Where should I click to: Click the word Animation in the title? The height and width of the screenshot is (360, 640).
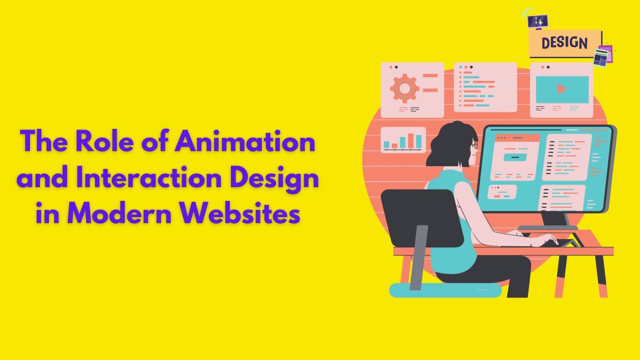click(x=245, y=142)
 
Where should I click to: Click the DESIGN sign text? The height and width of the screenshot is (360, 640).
click(x=564, y=43)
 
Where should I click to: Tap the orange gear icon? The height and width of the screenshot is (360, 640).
click(x=404, y=88)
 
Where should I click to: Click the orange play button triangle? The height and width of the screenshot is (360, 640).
click(x=562, y=89)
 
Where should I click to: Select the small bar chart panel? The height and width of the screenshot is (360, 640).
click(x=403, y=140)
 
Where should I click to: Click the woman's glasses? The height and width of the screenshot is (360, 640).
click(x=475, y=145)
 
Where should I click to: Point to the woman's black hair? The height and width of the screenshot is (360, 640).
click(x=450, y=142)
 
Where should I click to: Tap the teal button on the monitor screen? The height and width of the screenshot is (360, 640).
click(x=515, y=157)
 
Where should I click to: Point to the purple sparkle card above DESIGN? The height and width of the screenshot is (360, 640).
click(x=537, y=21)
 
